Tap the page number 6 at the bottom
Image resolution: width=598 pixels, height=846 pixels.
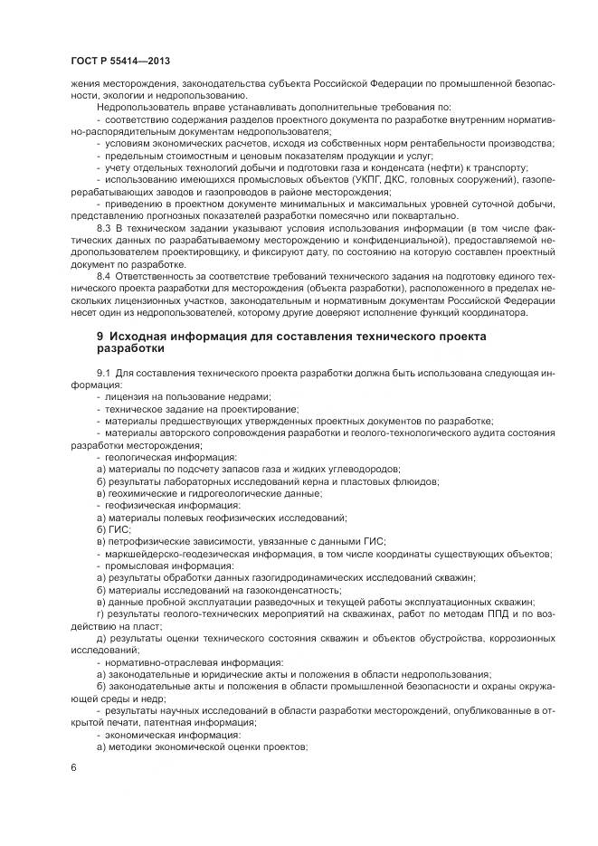(71, 767)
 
